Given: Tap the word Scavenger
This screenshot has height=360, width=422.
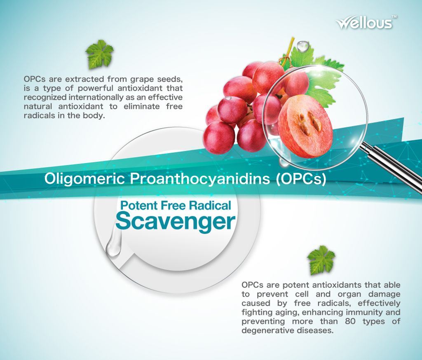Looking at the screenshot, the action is click(176, 222).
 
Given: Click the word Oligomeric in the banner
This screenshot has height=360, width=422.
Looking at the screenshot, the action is click(84, 179).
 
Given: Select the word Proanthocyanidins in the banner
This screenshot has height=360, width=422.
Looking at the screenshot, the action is click(200, 179).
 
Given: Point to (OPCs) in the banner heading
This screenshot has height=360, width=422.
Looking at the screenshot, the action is click(301, 179).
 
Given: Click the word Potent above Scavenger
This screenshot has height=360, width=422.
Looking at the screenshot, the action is click(138, 205).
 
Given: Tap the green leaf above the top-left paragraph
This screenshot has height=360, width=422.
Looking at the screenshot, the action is click(99, 54).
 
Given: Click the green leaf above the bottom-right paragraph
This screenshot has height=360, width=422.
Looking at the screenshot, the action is click(321, 260).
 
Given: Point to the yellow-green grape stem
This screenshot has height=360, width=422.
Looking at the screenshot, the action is click(288, 51).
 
